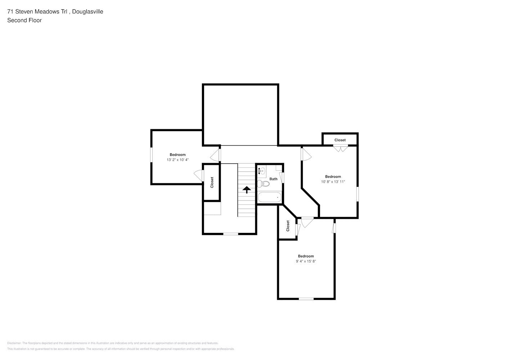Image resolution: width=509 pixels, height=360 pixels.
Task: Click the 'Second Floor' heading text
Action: point(24,20)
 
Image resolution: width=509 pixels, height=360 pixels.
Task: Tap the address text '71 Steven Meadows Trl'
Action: point(37,12)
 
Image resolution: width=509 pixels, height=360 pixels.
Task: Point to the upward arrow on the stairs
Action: point(247,190)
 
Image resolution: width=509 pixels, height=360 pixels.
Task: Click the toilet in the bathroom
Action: point(263,184)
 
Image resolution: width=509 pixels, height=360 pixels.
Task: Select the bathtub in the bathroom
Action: point(270,197)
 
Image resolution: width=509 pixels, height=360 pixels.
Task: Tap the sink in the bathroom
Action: point(262,171)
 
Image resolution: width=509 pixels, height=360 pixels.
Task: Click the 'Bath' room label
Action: point(273,179)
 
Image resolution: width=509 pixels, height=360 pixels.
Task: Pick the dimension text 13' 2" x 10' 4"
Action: point(178,160)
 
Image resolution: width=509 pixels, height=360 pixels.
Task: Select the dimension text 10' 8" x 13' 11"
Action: point(333,181)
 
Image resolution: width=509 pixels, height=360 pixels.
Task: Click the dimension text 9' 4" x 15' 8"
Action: point(306,261)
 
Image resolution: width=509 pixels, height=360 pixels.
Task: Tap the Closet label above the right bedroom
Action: point(340,140)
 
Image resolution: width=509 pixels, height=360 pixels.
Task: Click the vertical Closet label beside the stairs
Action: point(212,182)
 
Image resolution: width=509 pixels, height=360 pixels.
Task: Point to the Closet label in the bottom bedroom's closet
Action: point(288,226)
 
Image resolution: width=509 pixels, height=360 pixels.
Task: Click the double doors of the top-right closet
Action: point(341,148)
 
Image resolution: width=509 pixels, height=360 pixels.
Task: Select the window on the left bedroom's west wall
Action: point(151,155)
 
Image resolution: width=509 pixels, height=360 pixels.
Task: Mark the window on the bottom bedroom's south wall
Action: point(306,299)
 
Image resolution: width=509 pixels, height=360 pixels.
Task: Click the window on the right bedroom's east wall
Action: point(357,194)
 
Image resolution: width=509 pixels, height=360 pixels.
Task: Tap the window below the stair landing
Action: point(230,234)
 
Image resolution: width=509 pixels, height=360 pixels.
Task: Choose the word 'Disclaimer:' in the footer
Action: point(14,343)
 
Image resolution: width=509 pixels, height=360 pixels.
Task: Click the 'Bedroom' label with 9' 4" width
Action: point(306,256)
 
